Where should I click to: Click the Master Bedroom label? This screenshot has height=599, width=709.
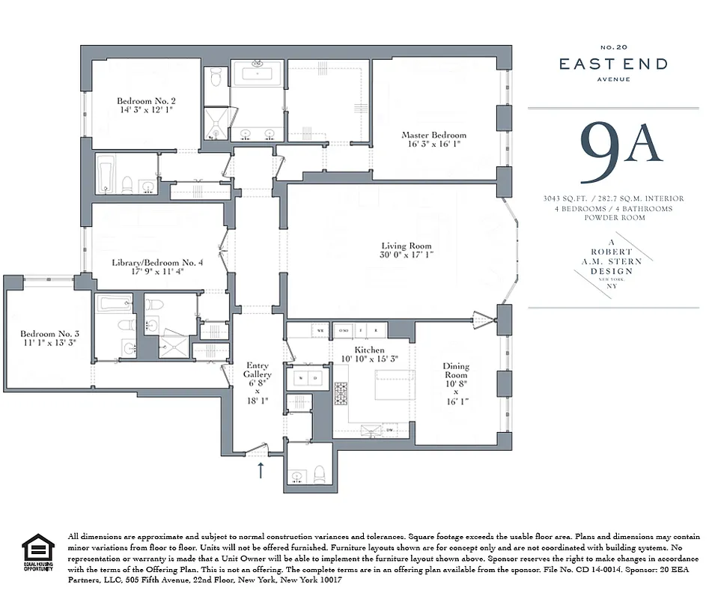pyautogui.click(x=433, y=136)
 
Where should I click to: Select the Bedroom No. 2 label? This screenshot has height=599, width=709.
pyautogui.click(x=145, y=101)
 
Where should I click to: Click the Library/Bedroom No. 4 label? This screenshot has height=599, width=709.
pyautogui.click(x=157, y=263)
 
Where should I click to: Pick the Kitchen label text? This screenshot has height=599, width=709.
pyautogui.click(x=369, y=350)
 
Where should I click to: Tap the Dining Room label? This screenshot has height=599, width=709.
pyautogui.click(x=456, y=371)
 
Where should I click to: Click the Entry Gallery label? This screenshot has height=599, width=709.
pyautogui.click(x=258, y=370)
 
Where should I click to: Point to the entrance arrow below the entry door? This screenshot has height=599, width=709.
pyautogui.click(x=261, y=469)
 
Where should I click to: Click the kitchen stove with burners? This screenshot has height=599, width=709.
pyautogui.click(x=341, y=392)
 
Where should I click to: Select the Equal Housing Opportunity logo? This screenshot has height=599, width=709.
pyautogui.click(x=38, y=553)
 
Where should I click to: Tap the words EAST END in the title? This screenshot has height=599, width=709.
pyautogui.click(x=613, y=64)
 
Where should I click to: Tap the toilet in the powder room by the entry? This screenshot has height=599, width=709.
pyautogui.click(x=320, y=473)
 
